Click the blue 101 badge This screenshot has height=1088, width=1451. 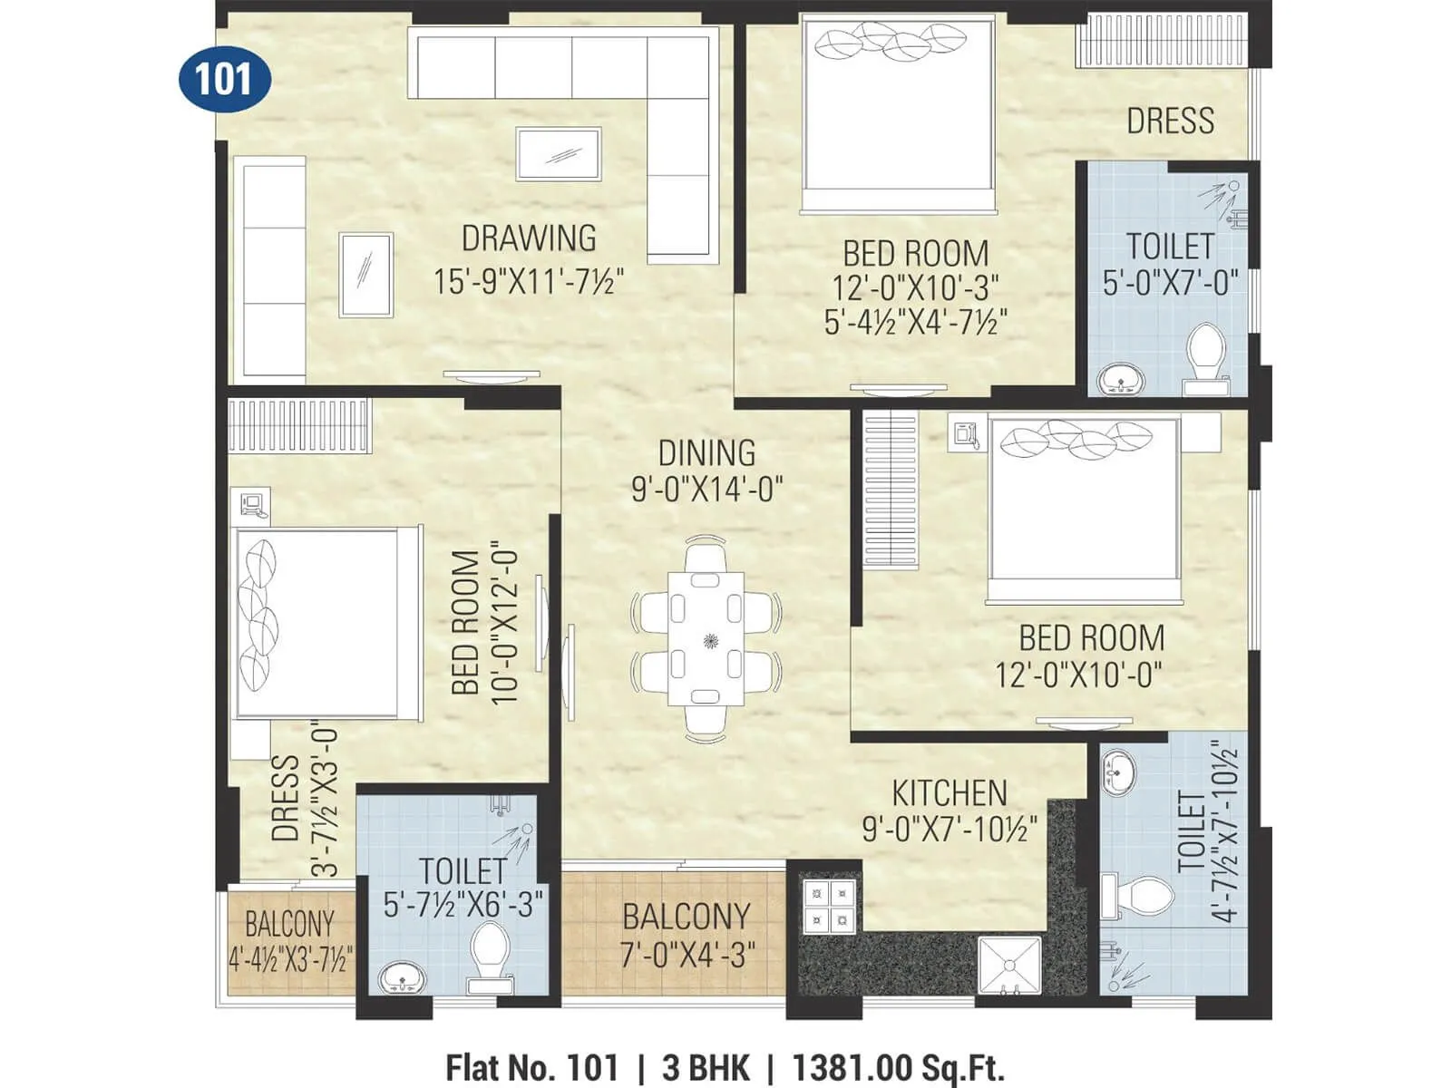[x=224, y=79]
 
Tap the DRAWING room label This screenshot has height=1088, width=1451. [x=529, y=238]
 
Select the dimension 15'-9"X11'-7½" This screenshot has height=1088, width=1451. [x=529, y=281]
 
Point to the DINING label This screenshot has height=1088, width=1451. [x=706, y=452]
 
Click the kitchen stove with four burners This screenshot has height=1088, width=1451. [x=830, y=906]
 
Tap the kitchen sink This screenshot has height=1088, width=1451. [x=1010, y=967]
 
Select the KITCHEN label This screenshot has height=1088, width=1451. [x=949, y=793]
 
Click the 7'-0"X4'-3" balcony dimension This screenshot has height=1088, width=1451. [x=687, y=955]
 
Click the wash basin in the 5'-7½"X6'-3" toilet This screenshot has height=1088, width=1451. [x=402, y=977]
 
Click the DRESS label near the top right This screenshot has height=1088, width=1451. [x=1170, y=121]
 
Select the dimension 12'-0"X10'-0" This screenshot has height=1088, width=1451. [x=1078, y=675]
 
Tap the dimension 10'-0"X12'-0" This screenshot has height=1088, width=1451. [x=504, y=623]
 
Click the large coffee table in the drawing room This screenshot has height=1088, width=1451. [x=559, y=154]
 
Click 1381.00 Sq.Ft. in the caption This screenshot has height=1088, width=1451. [x=898, y=1067]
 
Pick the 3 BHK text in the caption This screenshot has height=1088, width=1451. [x=706, y=1067]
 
